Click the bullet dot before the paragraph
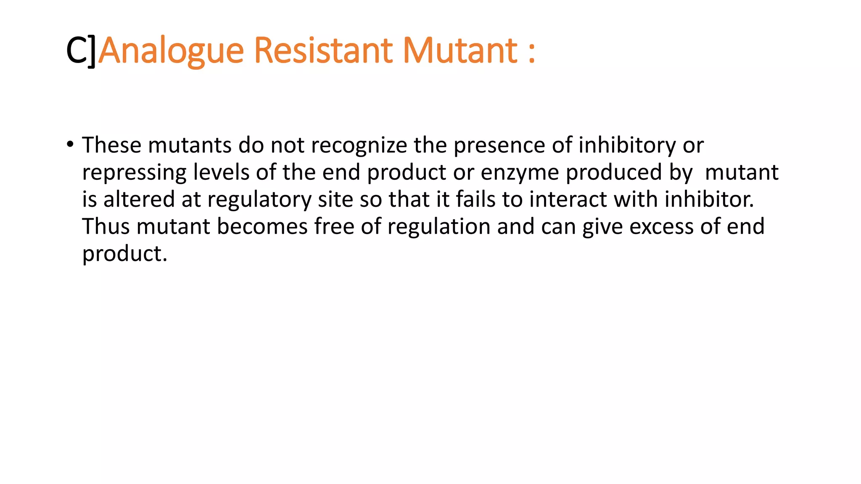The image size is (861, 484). [70, 145]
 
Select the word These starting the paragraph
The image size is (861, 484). [111, 145]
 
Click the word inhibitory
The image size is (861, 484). [627, 145]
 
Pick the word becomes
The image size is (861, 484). [262, 226]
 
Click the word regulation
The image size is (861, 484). [439, 227]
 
